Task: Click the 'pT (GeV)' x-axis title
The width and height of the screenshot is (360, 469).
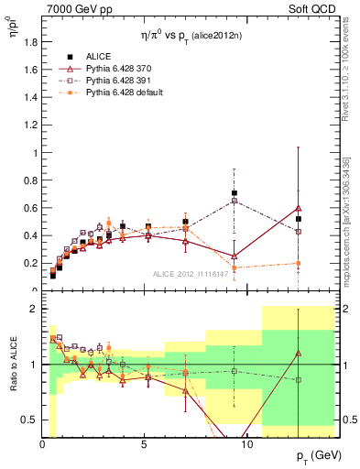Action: click(x=311, y=455)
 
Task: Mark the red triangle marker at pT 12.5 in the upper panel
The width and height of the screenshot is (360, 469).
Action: click(x=298, y=208)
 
